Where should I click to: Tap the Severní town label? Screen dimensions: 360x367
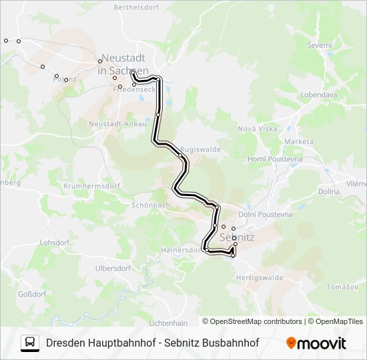319,45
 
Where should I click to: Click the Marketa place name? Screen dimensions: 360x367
298,141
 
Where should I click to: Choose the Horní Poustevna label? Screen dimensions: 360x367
275,159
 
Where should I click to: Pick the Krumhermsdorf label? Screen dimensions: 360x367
92,186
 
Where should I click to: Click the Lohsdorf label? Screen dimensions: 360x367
54,243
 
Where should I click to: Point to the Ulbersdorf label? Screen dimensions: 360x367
113,268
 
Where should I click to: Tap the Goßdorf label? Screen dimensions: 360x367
31,293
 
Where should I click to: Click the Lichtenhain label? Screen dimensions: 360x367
169,323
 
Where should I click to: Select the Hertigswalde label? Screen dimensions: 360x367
260,277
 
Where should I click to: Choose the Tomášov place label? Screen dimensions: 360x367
344,287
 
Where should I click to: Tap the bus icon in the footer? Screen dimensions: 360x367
30,343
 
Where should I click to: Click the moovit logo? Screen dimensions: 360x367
316,343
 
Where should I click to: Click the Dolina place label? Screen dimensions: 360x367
347,191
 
